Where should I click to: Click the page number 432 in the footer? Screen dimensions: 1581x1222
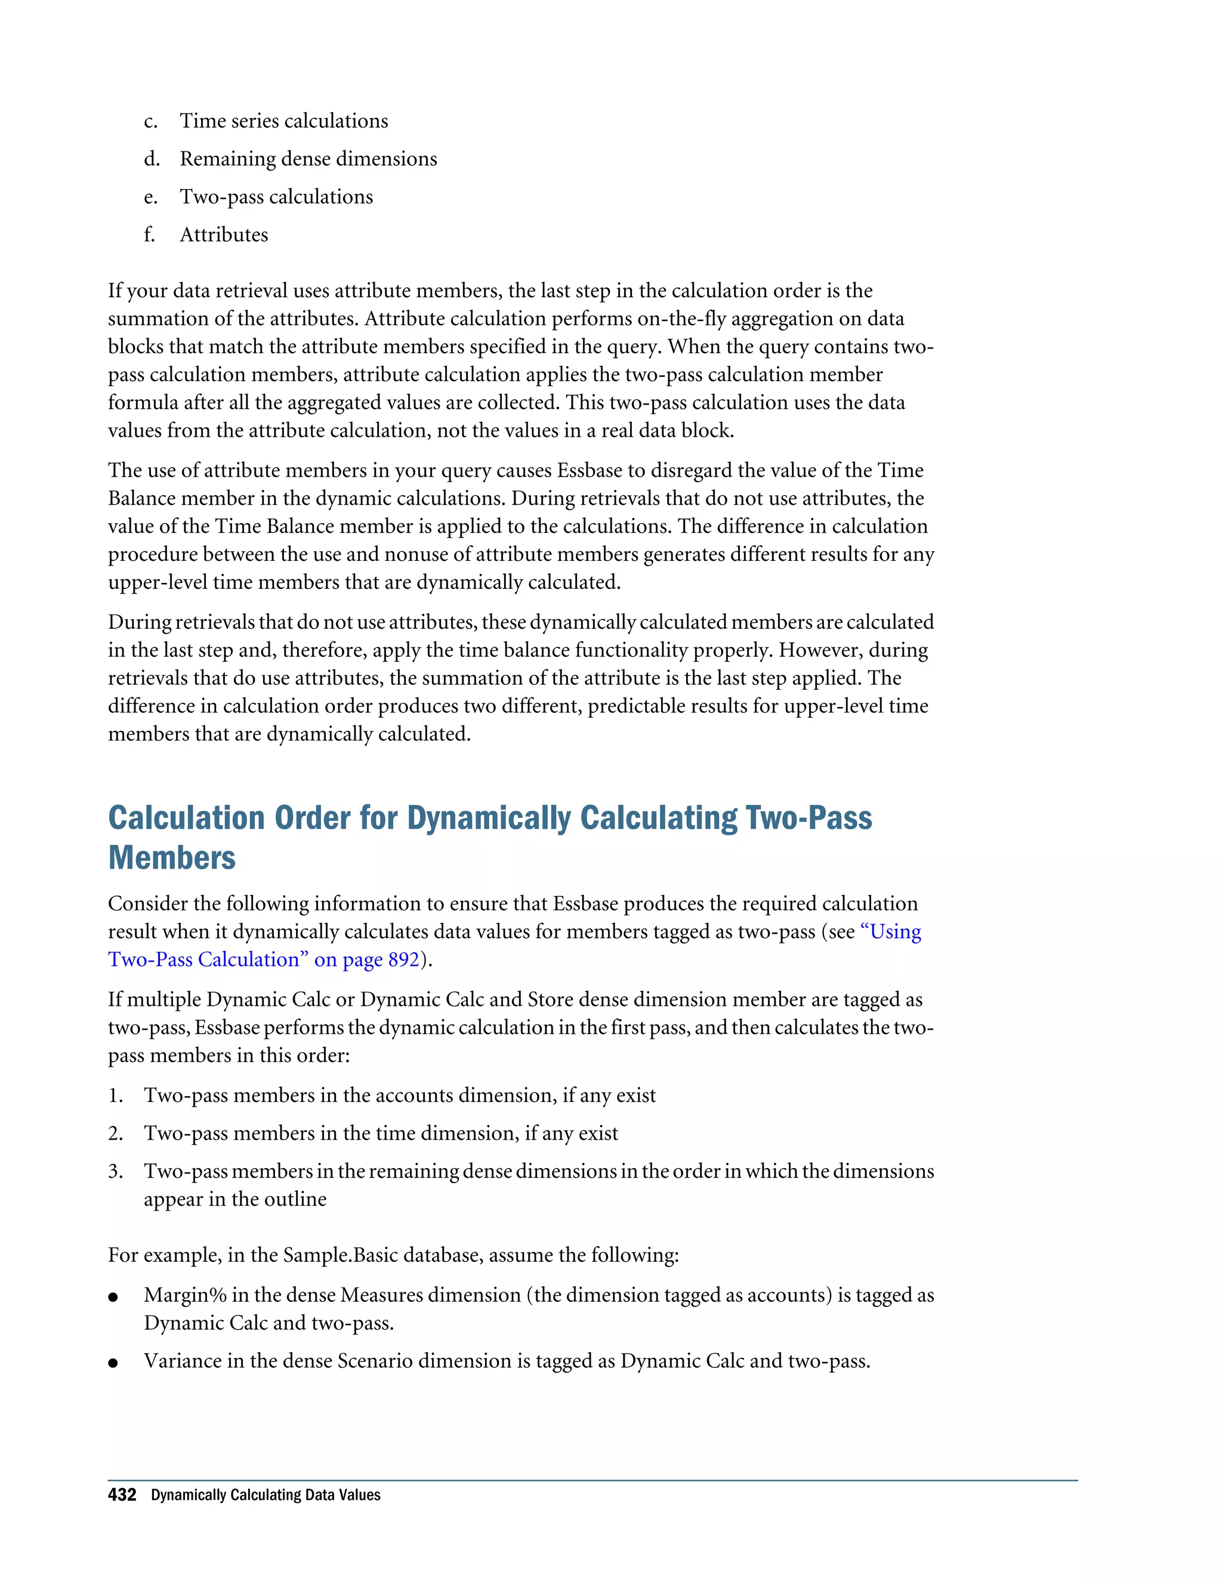coord(122,1495)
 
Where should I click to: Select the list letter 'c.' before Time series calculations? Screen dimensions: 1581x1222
coord(150,122)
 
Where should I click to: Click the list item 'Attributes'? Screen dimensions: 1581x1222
coord(224,234)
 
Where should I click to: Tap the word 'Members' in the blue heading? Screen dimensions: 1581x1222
coord(172,858)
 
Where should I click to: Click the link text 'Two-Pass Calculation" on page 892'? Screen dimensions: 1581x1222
coord(264,959)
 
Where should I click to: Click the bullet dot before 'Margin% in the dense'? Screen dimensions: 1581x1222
coord(113,1297)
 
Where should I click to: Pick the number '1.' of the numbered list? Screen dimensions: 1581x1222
coord(116,1095)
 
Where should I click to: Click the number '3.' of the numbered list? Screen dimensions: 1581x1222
coord(116,1171)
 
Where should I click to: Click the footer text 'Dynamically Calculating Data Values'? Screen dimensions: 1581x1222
coord(265,1495)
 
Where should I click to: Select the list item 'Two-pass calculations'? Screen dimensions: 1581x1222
coord(276,197)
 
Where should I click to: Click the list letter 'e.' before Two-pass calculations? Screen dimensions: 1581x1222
coord(150,197)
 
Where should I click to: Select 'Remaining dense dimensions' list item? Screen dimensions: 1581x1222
coord(308,159)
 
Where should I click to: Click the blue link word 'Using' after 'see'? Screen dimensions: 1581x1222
coord(896,932)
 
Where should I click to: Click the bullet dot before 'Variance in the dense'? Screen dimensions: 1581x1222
coord(113,1363)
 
